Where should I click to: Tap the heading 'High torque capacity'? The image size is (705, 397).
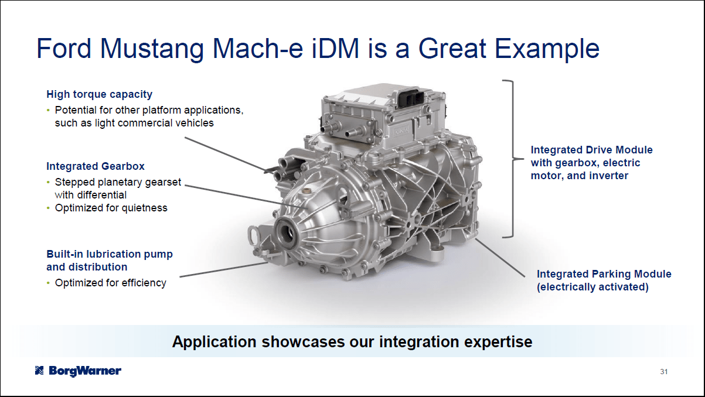pos(99,94)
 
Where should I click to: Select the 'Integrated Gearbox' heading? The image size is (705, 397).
pos(96,166)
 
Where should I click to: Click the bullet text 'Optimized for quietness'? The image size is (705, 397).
pos(111,208)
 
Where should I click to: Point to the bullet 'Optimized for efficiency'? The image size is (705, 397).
pos(110,283)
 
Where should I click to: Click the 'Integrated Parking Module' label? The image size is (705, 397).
pos(604,274)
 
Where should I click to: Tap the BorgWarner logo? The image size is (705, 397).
pos(78,371)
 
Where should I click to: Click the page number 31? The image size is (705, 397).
pos(664,372)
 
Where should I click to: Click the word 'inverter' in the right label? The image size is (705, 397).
pos(606,176)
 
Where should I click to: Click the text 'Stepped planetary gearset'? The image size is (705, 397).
pos(118,182)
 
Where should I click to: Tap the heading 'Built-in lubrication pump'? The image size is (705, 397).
pos(110,254)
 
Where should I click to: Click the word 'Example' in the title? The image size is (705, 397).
pos(547,49)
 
